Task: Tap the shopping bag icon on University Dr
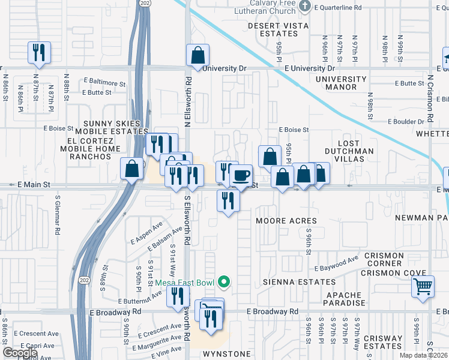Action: tap(197, 56)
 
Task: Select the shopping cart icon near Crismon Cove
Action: tap(423, 287)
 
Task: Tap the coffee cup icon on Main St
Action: tap(241, 176)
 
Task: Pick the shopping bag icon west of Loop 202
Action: tap(131, 169)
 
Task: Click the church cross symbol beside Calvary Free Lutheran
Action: tap(304, 7)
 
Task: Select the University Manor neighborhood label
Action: tap(341, 83)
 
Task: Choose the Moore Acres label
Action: tap(286, 221)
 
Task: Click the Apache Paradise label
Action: tap(345, 299)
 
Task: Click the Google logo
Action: tap(20, 353)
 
